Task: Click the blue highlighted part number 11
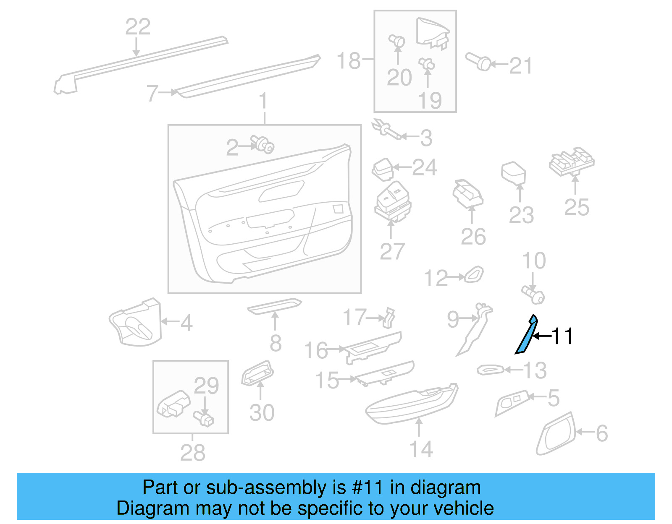[526, 336]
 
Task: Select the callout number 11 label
[562, 336]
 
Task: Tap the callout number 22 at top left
[138, 27]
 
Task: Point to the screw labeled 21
[478, 62]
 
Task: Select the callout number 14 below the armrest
[421, 449]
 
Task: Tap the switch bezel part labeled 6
[556, 434]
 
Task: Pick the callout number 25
[577, 207]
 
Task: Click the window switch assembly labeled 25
[572, 161]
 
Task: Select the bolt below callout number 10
[533, 294]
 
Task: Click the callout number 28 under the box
[193, 453]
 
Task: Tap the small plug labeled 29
[204, 418]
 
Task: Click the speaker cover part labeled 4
[136, 323]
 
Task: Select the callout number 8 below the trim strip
[276, 344]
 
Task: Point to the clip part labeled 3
[385, 129]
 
